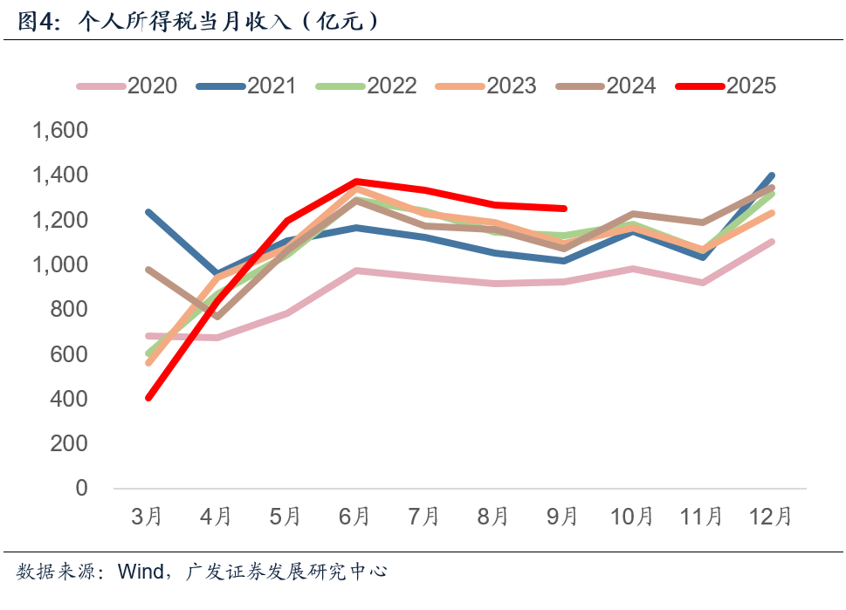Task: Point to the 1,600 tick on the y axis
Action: [x=60, y=131]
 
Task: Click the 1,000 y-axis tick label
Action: [x=60, y=264]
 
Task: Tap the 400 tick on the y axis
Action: [x=70, y=399]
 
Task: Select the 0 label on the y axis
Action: [x=82, y=488]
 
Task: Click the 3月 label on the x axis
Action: [x=147, y=517]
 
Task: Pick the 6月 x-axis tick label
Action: [x=354, y=517]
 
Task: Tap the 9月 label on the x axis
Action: [x=563, y=517]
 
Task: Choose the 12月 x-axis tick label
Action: [x=771, y=517]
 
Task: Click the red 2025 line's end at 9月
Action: [x=564, y=209]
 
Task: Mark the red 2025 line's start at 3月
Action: [x=148, y=398]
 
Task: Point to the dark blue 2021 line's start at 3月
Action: [x=148, y=212]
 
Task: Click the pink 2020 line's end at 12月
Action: [x=772, y=242]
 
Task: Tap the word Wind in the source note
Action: [x=141, y=572]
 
